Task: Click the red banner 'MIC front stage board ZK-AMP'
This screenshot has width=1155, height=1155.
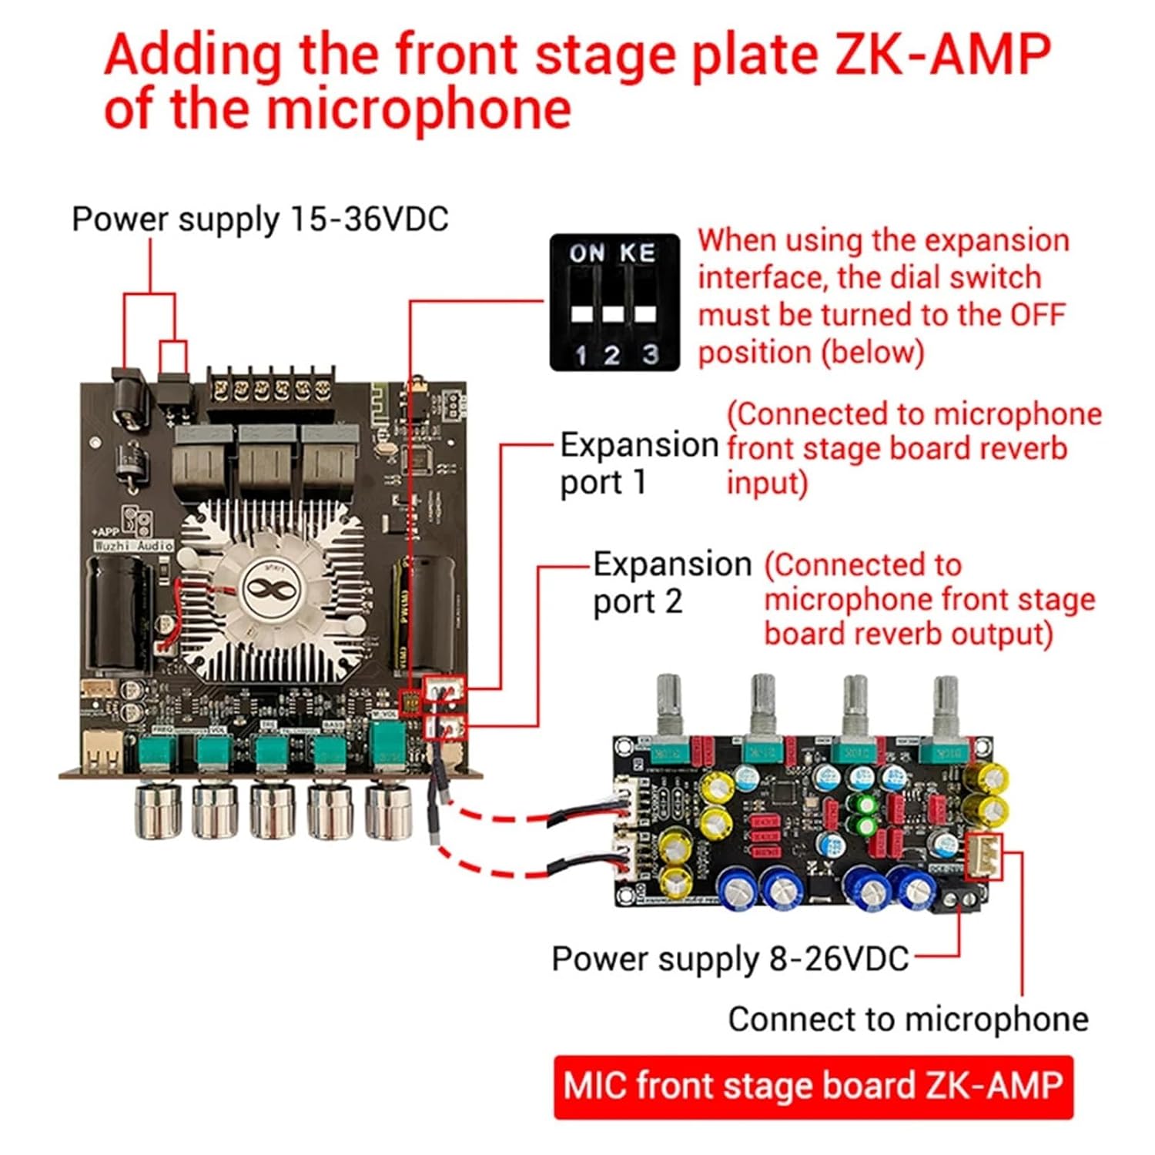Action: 812,1086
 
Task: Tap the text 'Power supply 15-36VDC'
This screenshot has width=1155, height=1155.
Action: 259,219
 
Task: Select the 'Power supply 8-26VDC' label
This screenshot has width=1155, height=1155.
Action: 730,959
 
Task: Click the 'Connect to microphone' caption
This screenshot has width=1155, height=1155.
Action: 908,1019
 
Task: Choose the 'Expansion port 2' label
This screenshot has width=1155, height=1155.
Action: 671,583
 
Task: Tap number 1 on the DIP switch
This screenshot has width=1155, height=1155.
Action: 581,355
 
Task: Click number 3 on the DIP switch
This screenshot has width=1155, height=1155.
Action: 651,354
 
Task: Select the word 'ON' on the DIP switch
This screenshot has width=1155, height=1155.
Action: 587,253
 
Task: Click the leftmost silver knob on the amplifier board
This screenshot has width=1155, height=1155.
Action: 157,810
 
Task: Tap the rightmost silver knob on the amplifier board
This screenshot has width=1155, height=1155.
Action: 387,810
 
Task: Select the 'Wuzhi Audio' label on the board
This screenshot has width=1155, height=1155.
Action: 133,545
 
